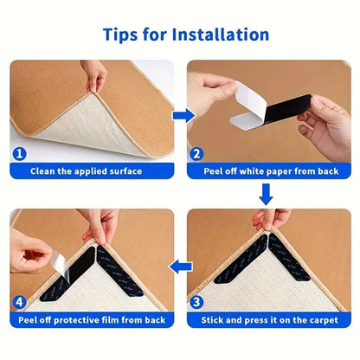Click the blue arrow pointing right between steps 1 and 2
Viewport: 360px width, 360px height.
coord(180,113)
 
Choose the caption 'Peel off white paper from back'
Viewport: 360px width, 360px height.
coord(271,171)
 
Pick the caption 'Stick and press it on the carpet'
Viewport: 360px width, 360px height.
coord(271,319)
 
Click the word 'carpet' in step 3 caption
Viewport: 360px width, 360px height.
coord(330,319)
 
